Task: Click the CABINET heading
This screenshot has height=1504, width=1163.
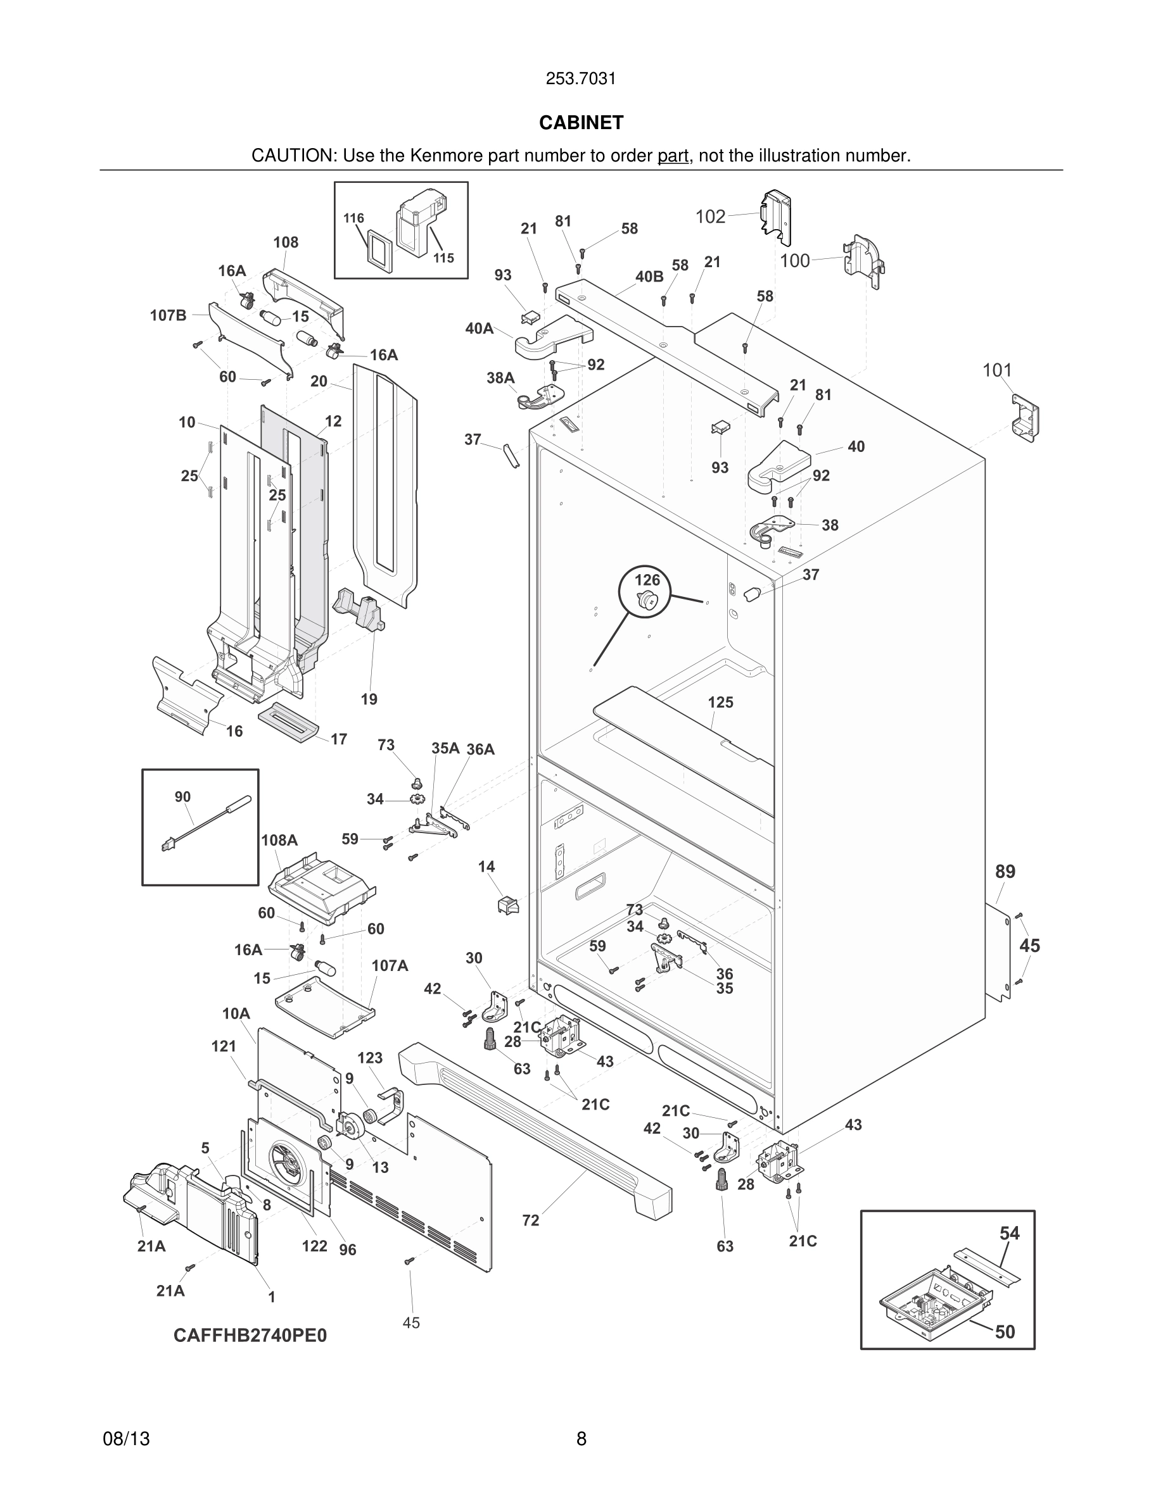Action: tap(581, 123)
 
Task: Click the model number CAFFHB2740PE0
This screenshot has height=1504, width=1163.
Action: tap(250, 1335)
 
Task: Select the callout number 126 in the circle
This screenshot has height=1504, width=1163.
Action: tap(647, 580)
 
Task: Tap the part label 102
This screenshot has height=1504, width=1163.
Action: tap(710, 217)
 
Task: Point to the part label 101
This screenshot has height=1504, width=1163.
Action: tap(997, 370)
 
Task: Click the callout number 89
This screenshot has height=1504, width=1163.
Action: tap(1005, 872)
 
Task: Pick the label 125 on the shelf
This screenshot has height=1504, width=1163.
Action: tap(721, 703)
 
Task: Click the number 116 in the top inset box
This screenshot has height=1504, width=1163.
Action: tap(353, 218)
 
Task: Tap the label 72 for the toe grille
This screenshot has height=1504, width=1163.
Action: tap(531, 1221)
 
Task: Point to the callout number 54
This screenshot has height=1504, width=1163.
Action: tap(1009, 1233)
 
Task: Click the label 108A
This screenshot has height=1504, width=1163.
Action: tap(279, 840)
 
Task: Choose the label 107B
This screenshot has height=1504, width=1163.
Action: tap(168, 315)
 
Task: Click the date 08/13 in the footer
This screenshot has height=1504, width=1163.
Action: tap(126, 1439)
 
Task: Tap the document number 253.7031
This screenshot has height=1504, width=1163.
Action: tap(581, 79)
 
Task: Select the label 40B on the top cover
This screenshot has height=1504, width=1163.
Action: tap(649, 277)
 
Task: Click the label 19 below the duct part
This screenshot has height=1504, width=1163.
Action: tap(369, 699)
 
